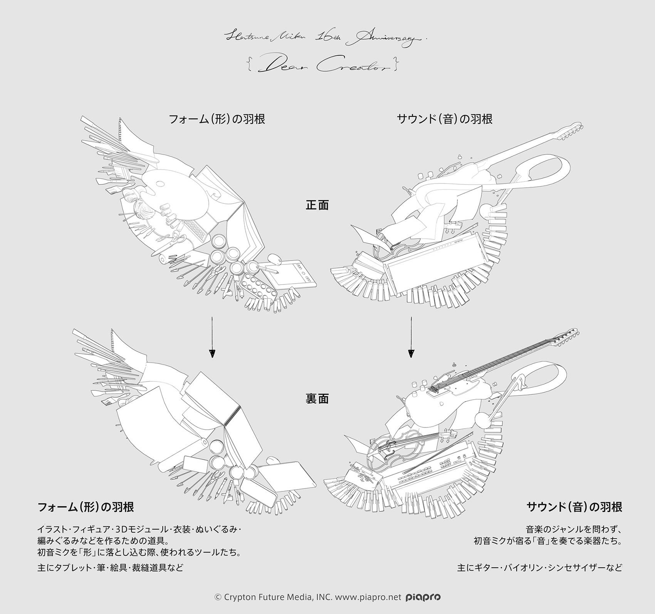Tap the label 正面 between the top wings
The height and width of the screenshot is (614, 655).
pyautogui.click(x=317, y=205)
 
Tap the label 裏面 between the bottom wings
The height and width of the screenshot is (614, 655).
pyautogui.click(x=317, y=399)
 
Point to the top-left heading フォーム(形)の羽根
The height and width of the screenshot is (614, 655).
pyautogui.click(x=217, y=119)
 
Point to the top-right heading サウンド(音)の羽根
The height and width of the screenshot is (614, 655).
pyautogui.click(x=445, y=119)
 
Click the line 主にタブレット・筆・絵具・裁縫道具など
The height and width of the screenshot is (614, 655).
pyautogui.click(x=110, y=568)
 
